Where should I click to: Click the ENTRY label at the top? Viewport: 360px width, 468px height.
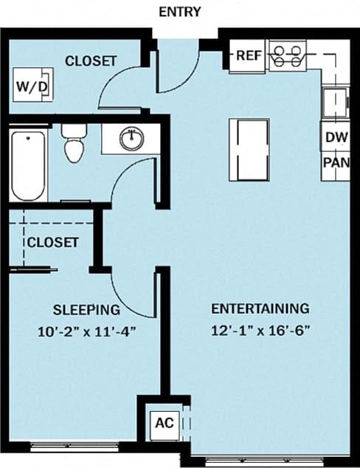(179, 12)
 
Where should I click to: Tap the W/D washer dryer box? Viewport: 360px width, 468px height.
(32, 86)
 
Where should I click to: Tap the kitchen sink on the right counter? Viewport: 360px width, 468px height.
(334, 102)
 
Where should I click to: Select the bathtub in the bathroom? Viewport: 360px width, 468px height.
(28, 166)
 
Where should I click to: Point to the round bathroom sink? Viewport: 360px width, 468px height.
(132, 138)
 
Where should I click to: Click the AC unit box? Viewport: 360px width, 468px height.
(163, 424)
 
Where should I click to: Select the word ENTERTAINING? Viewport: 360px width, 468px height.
(260, 309)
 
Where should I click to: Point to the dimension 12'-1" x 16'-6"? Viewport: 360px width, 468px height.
(260, 330)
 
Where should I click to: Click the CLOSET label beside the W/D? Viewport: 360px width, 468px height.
(91, 61)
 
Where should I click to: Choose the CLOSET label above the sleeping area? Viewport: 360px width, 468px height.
(52, 242)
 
